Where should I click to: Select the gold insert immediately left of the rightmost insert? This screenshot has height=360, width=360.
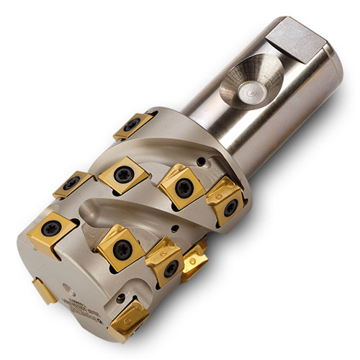[179, 186]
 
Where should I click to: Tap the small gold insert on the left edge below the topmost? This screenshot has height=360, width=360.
[71, 184]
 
